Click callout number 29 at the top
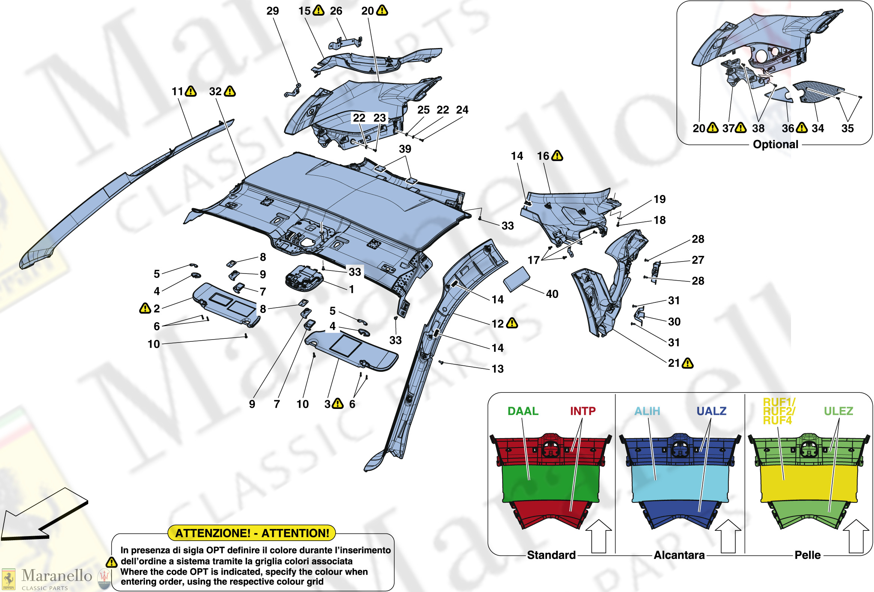point(273,11)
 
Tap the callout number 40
point(552,294)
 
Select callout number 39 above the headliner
point(405,149)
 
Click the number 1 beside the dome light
point(352,289)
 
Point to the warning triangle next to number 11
point(191,91)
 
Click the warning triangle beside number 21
point(688,363)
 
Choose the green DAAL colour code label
point(523,411)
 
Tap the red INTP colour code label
point(583,411)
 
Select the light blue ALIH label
point(647,411)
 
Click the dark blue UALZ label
point(711,411)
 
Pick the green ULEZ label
point(838,411)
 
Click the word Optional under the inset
point(776,144)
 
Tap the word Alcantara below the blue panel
point(679,555)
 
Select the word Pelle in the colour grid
point(808,555)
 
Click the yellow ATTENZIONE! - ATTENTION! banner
point(252,533)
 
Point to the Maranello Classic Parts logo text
point(56,579)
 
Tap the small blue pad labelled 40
point(517,279)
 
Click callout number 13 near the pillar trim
point(497,369)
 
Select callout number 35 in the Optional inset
point(847,128)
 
